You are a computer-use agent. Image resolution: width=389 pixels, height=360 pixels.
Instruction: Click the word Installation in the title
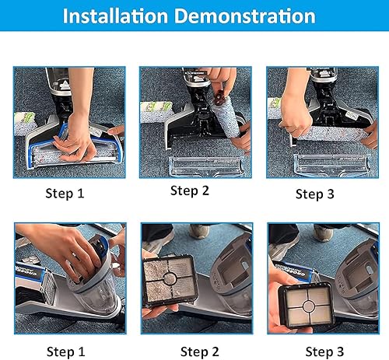point(115,16)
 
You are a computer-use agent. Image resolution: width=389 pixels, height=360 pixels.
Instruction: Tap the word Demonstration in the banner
point(245,16)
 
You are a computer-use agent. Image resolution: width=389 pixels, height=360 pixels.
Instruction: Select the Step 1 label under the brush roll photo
point(65,194)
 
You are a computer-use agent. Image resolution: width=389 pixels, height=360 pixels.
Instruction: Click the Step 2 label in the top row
point(190,191)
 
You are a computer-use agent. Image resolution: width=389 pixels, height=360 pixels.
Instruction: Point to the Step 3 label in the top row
point(315,194)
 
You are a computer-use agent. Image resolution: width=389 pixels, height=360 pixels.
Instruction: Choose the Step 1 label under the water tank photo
point(65,351)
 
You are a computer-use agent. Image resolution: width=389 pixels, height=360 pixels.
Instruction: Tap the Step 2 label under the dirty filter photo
point(200,351)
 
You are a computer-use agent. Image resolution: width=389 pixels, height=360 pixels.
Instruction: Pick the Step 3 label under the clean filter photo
point(324,351)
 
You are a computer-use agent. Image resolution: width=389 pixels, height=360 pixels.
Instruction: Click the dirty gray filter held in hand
point(170,280)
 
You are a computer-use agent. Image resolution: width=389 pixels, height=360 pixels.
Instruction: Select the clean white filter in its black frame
point(307,305)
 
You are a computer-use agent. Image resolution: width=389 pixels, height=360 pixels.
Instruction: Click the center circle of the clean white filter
point(309,306)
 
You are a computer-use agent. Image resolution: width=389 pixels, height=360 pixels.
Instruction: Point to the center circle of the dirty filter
point(170,278)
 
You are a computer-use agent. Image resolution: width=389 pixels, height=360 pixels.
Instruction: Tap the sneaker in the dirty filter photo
point(200,231)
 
